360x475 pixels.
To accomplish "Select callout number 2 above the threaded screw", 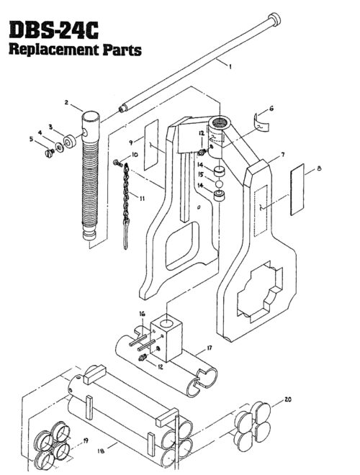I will click(66, 104).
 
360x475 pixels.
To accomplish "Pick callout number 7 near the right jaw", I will click(282, 155).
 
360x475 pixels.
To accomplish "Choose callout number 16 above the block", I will click(143, 314).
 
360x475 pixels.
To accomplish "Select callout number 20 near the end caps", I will click(289, 398).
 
